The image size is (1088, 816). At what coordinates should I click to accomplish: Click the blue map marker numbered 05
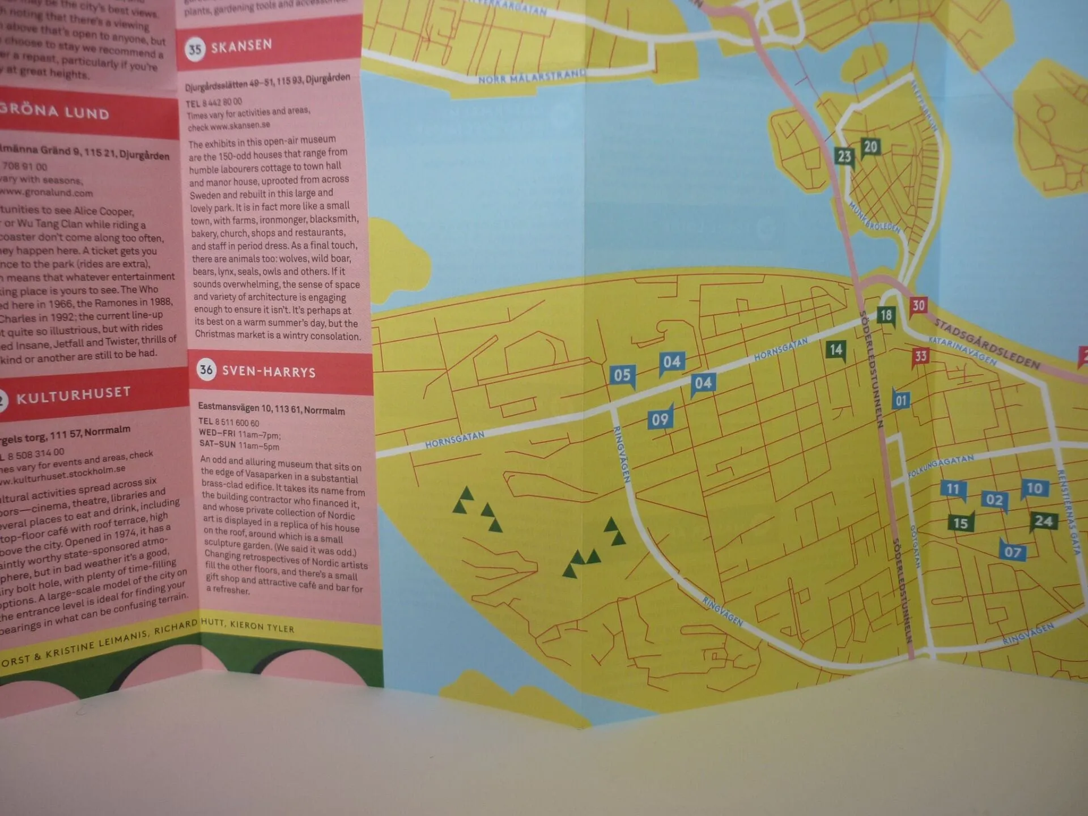(x=622, y=375)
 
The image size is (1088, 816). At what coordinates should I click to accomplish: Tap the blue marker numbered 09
(x=660, y=419)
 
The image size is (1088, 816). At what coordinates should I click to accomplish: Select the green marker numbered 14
(x=836, y=350)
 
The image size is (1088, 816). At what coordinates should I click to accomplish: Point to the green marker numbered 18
(x=886, y=315)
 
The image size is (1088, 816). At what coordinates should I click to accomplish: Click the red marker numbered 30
(x=918, y=305)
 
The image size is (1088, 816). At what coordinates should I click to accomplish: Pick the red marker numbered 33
(x=921, y=356)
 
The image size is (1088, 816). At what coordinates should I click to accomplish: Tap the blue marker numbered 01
(x=901, y=401)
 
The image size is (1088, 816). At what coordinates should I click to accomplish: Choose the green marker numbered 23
(x=844, y=156)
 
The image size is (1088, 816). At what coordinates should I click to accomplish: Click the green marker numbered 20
(x=870, y=147)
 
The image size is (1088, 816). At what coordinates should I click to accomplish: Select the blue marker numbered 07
(x=1013, y=551)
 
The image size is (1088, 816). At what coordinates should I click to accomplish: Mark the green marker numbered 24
(x=1043, y=521)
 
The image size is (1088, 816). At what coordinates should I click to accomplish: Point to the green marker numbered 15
(x=960, y=522)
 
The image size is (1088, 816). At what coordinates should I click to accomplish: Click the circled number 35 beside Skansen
(x=195, y=49)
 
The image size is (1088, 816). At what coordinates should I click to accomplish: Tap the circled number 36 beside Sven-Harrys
(x=206, y=370)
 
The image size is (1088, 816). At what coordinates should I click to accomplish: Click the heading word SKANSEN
(x=241, y=45)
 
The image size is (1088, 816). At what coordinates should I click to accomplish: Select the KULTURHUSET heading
(x=74, y=396)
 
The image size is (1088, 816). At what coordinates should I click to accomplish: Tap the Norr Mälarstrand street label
(x=532, y=76)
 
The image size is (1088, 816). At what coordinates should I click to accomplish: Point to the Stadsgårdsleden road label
(x=987, y=343)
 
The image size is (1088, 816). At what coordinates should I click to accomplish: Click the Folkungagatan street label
(x=941, y=465)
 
